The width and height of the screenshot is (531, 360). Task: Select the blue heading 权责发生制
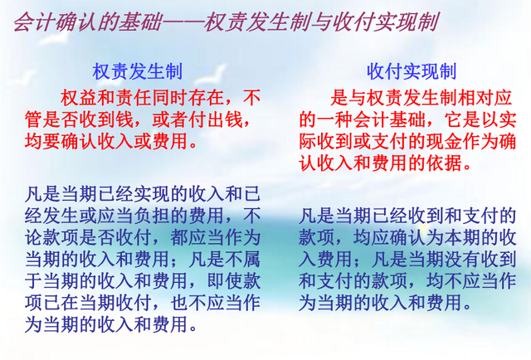138,71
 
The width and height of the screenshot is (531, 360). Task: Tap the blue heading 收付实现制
412,71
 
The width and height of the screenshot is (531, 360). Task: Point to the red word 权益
80,98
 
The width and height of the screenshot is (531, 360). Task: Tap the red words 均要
43,141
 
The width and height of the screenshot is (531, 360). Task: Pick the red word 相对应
485,98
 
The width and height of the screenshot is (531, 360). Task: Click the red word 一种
335,119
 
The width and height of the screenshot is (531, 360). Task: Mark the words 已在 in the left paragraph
61,303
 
